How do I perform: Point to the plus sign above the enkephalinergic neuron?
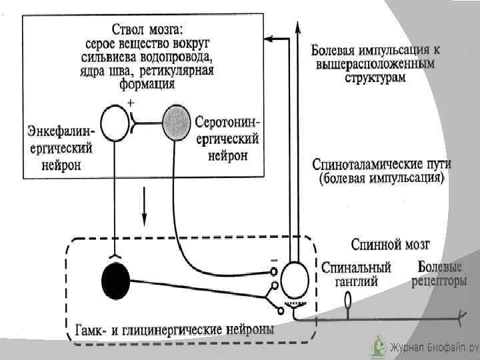(x=131, y=103)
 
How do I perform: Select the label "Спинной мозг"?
(x=389, y=245)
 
